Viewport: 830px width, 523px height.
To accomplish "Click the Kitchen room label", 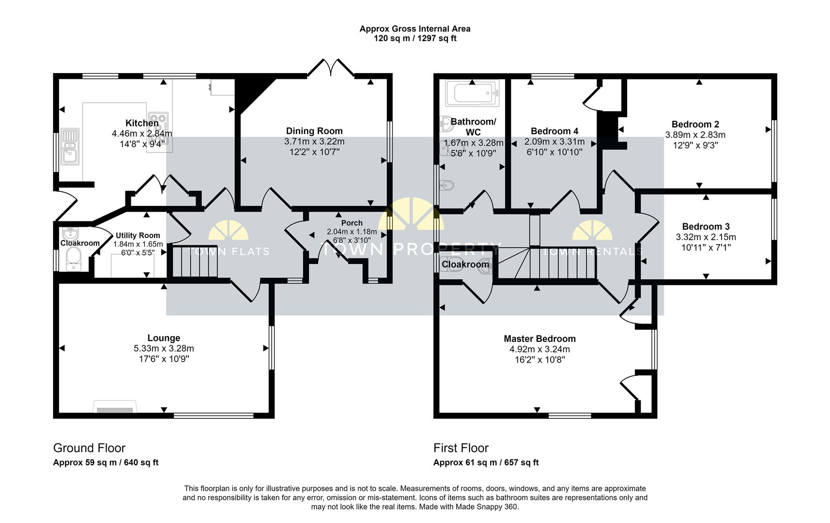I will (142, 123).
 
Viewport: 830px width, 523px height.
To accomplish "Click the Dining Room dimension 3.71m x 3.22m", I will (314, 141).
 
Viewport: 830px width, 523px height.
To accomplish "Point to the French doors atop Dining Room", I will (331, 68).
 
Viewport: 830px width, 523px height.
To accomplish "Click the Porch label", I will (352, 223).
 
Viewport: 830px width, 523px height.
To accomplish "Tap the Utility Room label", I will (138, 235).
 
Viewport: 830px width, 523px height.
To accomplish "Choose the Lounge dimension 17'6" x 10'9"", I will (164, 359).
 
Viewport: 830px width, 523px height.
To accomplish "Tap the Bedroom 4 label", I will (554, 131).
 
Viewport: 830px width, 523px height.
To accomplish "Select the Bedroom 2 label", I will (695, 124).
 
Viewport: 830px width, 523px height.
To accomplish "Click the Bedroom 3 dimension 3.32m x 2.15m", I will (706, 237).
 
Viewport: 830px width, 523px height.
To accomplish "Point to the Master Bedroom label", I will (539, 338).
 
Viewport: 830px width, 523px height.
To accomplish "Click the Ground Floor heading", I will (89, 448).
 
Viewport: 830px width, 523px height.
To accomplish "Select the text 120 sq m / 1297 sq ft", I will (415, 38).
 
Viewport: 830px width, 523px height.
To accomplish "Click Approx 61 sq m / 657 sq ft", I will (486, 462).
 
